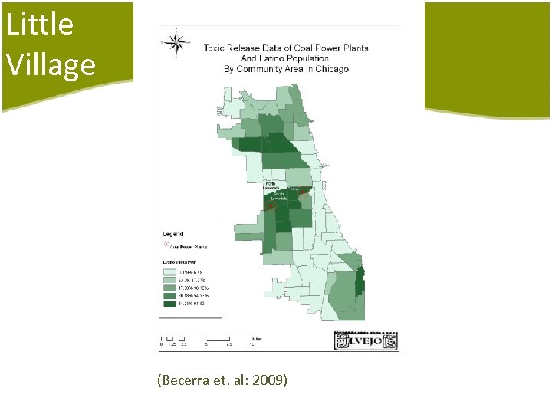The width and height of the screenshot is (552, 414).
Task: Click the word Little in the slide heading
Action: pos(40,25)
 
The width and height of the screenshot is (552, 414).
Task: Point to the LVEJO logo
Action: pos(366,340)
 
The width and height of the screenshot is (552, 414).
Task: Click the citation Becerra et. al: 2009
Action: pos(222,379)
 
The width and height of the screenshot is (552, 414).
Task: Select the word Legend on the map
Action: pos(172,234)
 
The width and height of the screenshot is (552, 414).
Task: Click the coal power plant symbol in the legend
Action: pos(166,246)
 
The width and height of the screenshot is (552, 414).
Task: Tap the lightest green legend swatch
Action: pos(168,272)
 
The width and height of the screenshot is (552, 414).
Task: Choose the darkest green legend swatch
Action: pos(168,304)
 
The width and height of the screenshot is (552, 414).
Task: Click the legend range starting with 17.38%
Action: pos(193,287)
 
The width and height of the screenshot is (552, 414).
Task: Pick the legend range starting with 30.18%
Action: pos(193,295)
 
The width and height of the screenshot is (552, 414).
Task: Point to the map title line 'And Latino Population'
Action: pos(285,58)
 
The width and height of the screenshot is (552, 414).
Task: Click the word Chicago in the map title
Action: pos(331,68)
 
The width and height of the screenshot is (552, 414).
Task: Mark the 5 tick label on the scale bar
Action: pos(206,344)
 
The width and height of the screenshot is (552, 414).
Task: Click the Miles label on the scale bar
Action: pos(256,337)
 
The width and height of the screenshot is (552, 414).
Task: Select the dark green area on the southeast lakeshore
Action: pos(360,283)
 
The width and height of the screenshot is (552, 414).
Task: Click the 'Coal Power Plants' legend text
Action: pos(189,247)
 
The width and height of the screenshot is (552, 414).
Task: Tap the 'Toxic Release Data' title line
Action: pos(285,48)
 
